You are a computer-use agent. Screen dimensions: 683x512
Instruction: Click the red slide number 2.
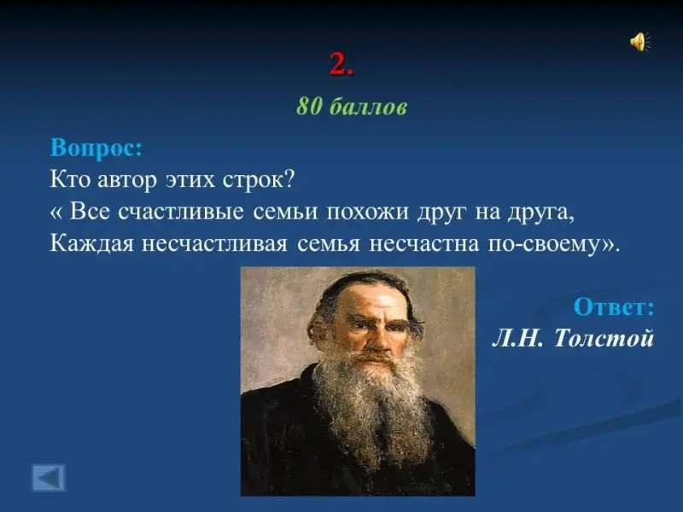[341, 64]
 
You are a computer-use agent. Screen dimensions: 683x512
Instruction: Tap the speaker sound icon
[639, 42]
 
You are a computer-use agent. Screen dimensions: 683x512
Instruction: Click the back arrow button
[49, 478]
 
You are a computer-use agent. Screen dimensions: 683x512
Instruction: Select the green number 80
[309, 106]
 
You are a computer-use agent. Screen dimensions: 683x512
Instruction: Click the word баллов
[368, 106]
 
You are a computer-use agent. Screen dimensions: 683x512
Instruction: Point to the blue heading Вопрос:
[96, 148]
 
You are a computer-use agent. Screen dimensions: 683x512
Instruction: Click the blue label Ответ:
[614, 306]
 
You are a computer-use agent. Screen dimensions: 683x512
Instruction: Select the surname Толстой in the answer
[604, 338]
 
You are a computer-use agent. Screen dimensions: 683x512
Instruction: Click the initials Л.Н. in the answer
[518, 338]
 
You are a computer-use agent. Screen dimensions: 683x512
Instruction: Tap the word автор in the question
[126, 179]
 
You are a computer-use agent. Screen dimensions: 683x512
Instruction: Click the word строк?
[259, 179]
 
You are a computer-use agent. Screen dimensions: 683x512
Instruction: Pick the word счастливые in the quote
[181, 212]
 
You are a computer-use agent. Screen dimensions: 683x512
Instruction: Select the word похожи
[368, 212]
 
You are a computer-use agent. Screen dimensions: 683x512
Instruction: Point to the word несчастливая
[215, 244]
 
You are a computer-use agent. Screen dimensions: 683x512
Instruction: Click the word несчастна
[423, 244]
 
